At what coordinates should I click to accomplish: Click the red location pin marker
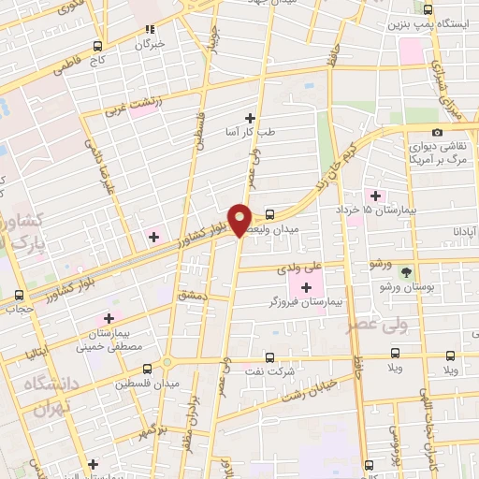click(239, 219)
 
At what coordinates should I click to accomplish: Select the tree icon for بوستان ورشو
click(407, 271)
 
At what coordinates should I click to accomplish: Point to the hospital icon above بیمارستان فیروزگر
click(306, 285)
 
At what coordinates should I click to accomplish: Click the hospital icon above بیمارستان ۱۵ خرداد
click(376, 196)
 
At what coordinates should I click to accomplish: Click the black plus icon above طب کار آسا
click(250, 117)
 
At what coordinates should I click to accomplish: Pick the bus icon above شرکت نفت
click(269, 356)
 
